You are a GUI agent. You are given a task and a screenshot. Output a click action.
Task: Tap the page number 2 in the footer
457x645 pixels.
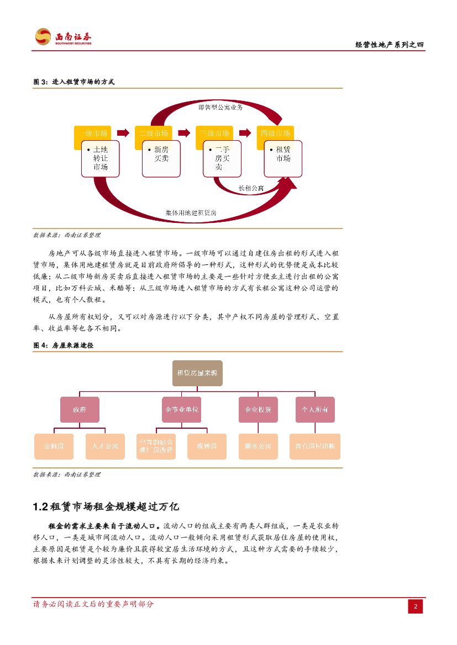[x=416, y=606]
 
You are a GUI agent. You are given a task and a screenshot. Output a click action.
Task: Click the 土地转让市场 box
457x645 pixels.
[x=100, y=158]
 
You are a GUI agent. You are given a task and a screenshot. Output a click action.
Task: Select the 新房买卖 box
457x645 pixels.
[x=161, y=158]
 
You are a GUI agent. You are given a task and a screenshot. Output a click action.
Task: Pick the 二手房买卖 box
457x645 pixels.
[x=222, y=158]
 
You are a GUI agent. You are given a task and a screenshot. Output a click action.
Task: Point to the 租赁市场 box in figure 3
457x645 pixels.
[x=283, y=158]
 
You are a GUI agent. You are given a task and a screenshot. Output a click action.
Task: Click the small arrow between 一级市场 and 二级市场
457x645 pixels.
[x=125, y=133]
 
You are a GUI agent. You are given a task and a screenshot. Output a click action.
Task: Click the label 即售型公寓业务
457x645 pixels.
[x=220, y=107]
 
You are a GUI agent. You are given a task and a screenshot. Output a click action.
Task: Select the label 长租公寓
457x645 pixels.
[x=251, y=189]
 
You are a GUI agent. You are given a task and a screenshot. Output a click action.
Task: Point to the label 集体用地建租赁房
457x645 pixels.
[x=191, y=212]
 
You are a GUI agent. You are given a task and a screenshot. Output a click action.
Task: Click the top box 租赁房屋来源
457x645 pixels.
[x=197, y=373]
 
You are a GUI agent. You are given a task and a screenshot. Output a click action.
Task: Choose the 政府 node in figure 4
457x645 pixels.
[x=80, y=410]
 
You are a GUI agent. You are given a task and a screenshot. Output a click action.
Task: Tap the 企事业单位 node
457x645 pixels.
[x=182, y=410]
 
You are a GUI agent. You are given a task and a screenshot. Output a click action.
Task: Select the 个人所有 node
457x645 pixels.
[x=315, y=410]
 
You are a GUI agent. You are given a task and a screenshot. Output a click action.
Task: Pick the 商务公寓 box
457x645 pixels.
[x=258, y=446]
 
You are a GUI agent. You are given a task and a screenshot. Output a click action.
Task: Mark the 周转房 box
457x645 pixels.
[x=207, y=446]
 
